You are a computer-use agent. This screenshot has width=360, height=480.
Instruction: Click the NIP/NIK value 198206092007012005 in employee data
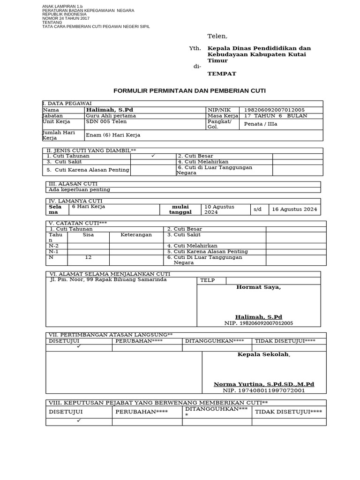[x=271, y=110]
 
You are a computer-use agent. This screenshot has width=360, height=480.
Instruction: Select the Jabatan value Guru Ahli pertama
[x=111, y=116]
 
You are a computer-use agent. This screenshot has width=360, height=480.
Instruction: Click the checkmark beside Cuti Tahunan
[x=153, y=156]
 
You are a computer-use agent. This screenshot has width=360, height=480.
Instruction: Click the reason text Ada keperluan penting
[x=79, y=190]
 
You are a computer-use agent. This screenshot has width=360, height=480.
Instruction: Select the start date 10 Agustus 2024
[x=219, y=209]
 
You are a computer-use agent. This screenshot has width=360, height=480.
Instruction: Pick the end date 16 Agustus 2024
[x=294, y=209]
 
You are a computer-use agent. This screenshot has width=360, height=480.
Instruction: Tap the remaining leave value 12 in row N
[x=88, y=257]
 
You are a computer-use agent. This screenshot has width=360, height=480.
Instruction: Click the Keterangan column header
[x=136, y=235]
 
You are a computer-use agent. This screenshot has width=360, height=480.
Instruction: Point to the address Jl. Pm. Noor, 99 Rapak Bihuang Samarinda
[x=108, y=279]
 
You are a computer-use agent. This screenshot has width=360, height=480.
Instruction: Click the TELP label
[x=207, y=280]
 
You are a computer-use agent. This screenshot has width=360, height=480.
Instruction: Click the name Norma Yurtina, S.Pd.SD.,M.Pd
[x=264, y=384]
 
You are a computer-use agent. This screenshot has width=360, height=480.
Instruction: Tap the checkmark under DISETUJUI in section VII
[x=79, y=346]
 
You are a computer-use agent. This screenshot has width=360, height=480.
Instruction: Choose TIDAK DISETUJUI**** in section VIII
[x=288, y=412]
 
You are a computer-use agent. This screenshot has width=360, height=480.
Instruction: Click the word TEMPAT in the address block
[x=222, y=74]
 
